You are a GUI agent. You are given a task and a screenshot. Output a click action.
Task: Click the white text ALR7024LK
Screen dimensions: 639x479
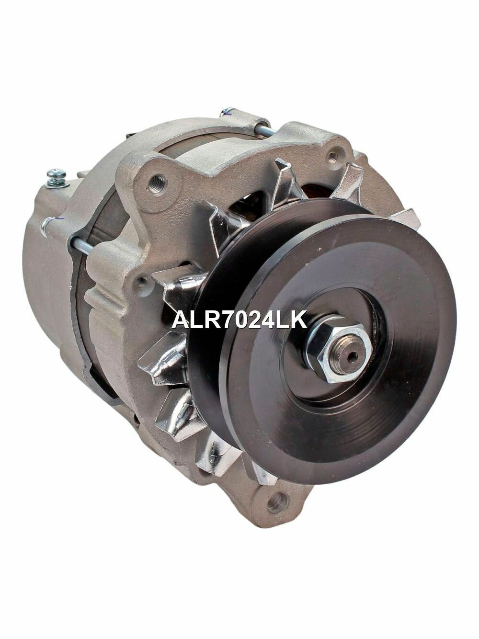tap(239, 319)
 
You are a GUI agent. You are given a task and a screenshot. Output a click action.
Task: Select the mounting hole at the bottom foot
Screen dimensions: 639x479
tap(278, 502)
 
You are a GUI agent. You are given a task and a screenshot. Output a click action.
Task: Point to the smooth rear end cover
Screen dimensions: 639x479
tap(43, 268)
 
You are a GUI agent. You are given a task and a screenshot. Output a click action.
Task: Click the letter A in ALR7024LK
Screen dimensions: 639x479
tap(180, 319)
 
